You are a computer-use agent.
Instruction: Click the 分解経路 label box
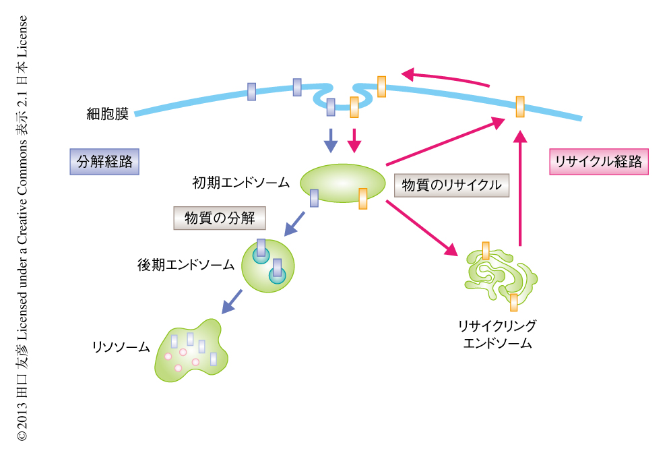coord(104,162)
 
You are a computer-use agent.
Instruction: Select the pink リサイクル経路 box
coord(598,162)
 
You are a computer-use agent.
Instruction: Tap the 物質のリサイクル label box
coord(451,185)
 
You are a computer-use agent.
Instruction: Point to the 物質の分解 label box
coord(220,218)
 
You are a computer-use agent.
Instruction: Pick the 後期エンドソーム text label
coord(185,265)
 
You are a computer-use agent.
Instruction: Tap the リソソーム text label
coord(121,348)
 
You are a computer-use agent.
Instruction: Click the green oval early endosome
coord(341,183)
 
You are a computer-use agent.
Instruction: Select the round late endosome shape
coord(268,266)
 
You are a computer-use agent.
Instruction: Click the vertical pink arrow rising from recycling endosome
coord(519,189)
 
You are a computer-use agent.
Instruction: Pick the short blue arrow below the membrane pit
coord(330,140)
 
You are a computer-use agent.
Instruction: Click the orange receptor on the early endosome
coord(362,199)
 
